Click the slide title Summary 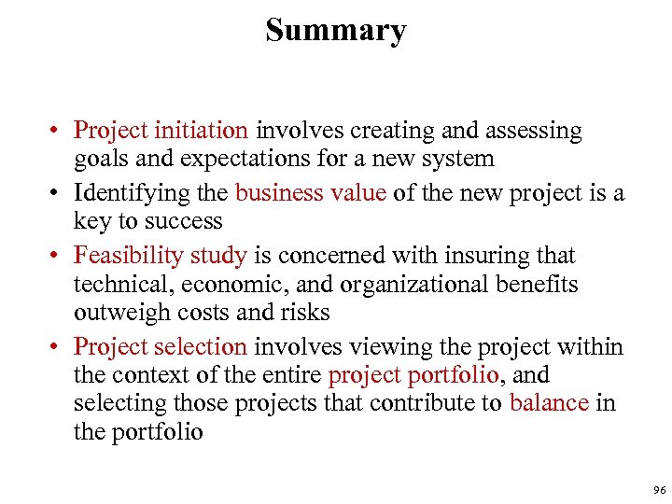point(336,30)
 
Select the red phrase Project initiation point(161,131)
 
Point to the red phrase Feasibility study point(161,256)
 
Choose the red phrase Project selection point(161,347)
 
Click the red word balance point(549,403)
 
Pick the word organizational point(407,285)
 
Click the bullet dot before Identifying point(58,194)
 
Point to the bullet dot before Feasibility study point(58,256)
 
